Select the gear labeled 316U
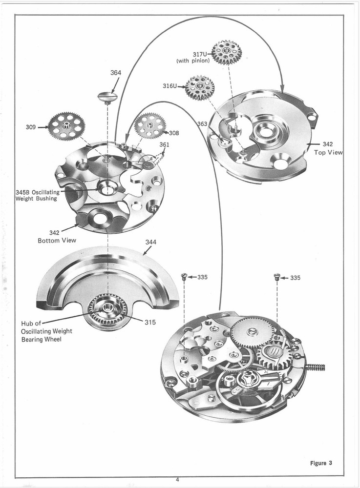click(200, 88)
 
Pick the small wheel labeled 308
click(149, 126)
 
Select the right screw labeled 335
click(277, 277)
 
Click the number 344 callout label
click(151, 242)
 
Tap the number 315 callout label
click(150, 322)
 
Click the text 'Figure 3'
click(321, 463)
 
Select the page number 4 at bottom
click(178, 480)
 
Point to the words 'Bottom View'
click(57, 241)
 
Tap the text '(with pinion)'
click(193, 61)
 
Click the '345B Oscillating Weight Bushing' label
click(37, 195)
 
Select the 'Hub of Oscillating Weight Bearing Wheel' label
click(46, 331)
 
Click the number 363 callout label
click(202, 124)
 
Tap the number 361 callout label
click(164, 144)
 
